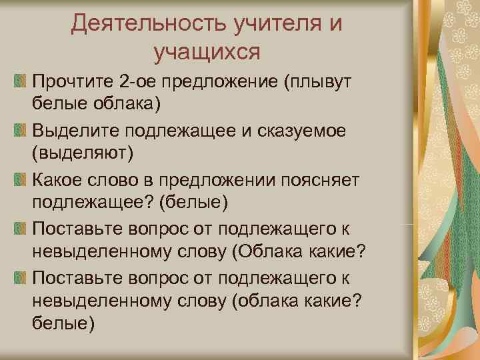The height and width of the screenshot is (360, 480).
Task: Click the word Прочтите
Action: click(71, 81)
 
